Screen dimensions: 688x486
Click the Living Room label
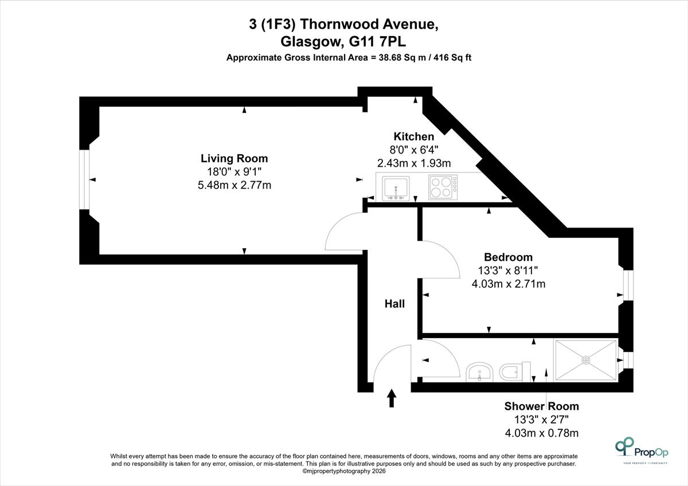[x=234, y=158]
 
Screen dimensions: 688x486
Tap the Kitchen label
[x=414, y=136]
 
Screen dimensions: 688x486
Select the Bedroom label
[x=509, y=257]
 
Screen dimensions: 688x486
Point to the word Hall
[x=394, y=304]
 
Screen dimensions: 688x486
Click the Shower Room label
[x=541, y=406]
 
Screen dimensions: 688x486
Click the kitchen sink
[x=396, y=188]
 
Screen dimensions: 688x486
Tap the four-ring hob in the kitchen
[x=443, y=187]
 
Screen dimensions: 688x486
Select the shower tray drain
[x=586, y=360]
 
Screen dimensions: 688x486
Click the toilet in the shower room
[x=515, y=372]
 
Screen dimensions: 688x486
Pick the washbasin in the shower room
[x=479, y=373]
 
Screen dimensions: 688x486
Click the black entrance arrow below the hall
[x=392, y=398]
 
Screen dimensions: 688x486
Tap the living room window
[x=84, y=179]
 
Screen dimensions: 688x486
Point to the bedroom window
[x=628, y=285]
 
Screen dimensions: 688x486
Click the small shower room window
[x=628, y=360]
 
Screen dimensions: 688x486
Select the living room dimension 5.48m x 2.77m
[x=234, y=185]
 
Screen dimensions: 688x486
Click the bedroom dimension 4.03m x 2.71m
[x=509, y=284]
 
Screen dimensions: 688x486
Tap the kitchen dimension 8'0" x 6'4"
[x=414, y=150]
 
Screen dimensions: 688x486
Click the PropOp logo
[x=642, y=450]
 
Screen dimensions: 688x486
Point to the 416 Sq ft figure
[x=452, y=57]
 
